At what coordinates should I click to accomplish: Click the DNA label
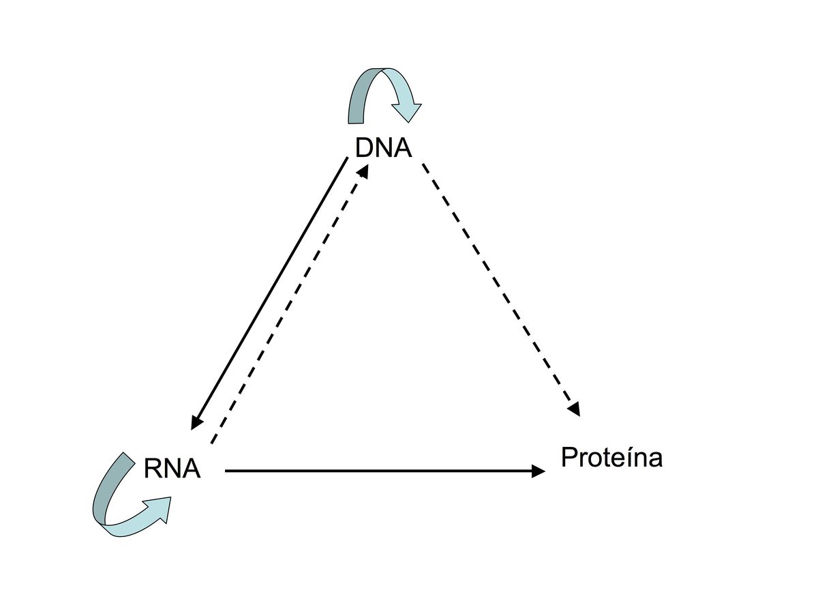[384, 147]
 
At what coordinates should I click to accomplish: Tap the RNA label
[172, 469]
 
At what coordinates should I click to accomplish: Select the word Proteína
[611, 457]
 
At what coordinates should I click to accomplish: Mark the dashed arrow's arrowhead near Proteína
[574, 409]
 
